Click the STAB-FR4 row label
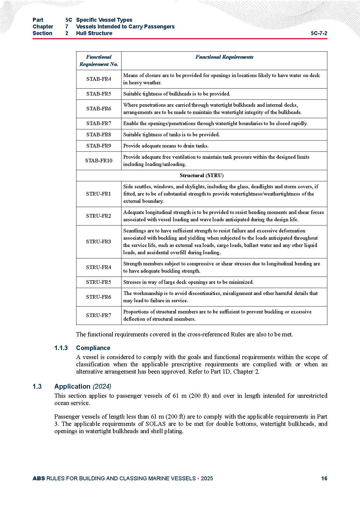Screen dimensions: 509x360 pyautogui.click(x=99, y=79)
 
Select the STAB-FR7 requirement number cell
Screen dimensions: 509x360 pyautogui.click(x=99, y=123)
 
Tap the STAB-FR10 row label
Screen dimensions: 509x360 pyautogui.click(x=99, y=160)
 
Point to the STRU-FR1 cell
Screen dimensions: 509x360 pyautogui.click(x=99, y=194)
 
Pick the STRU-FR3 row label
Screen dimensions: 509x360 pyautogui.click(x=99, y=242)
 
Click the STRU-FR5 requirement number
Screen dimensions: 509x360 pyautogui.click(x=99, y=282)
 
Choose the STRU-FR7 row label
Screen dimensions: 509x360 pyautogui.click(x=99, y=315)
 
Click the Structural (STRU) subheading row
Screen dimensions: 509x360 pyautogui.click(x=201, y=175)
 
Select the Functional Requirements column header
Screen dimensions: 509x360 pyautogui.click(x=224, y=57)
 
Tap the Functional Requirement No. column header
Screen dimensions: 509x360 pyautogui.click(x=99, y=60)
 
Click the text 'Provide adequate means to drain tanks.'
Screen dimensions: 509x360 pyautogui.click(x=166, y=146)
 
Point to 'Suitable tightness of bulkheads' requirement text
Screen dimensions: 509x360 pyautogui.click(x=177, y=94)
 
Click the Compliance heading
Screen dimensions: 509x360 pyautogui.click(x=93, y=348)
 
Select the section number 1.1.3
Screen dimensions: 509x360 pyautogui.click(x=61, y=348)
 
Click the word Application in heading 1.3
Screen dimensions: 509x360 pyautogui.click(x=72, y=386)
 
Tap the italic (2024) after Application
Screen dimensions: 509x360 pyautogui.click(x=102, y=386)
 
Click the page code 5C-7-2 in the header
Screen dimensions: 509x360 pyautogui.click(x=319, y=33)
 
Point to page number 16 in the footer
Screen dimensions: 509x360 pyautogui.click(x=324, y=478)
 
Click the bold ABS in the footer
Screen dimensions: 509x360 pyautogui.click(x=39, y=478)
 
